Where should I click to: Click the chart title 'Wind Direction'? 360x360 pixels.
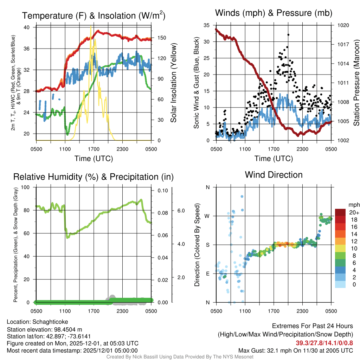click(274, 175)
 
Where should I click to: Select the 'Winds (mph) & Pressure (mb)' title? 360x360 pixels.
click(274, 13)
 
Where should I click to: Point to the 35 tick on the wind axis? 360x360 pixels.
click(207, 25)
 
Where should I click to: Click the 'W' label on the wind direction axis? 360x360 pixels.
click(207, 216)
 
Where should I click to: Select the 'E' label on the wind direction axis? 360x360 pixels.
click(207, 274)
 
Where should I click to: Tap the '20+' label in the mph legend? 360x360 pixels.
click(354, 213)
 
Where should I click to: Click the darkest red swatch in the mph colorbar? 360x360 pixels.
click(340, 212)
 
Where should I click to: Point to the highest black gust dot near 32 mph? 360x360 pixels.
click(288, 35)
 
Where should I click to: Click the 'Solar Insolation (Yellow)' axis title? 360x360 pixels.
click(173, 83)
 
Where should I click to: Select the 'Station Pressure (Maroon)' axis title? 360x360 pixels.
click(356, 83)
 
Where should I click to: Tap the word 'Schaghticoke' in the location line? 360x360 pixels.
click(50, 322)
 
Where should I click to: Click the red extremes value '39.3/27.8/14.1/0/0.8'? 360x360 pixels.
click(324, 343)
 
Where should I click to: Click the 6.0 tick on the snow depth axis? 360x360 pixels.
click(180, 211)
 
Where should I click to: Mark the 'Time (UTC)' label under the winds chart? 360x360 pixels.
click(274, 159)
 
